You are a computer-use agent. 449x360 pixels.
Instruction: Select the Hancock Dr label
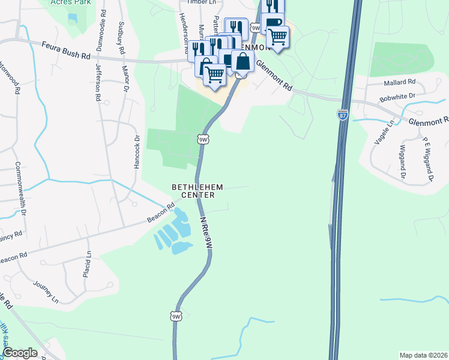point(137,151)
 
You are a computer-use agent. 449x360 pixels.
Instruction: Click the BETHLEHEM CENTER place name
point(197,190)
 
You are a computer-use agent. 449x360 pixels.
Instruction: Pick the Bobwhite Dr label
point(397,96)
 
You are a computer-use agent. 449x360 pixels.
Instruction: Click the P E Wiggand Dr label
point(427,158)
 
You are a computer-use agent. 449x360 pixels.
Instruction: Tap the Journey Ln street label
point(46,292)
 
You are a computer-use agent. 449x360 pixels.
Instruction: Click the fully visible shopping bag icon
point(243,61)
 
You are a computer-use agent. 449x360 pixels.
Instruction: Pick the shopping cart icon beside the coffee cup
point(277,37)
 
